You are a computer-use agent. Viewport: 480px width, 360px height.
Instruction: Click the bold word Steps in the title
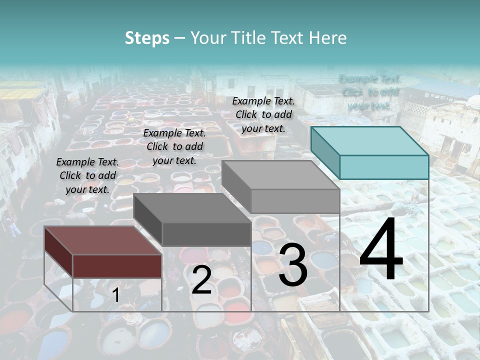(147, 38)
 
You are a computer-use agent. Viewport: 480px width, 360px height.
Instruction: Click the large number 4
(381, 250)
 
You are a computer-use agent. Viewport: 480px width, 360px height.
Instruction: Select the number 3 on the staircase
(292, 266)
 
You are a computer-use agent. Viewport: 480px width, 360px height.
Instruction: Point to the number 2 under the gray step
(201, 280)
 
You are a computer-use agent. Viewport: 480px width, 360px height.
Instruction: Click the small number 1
(115, 295)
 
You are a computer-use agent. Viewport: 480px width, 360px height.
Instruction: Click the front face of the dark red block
(117, 265)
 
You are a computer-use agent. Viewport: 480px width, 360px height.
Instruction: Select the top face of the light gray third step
(280, 175)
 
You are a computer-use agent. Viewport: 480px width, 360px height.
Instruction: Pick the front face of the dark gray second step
(206, 234)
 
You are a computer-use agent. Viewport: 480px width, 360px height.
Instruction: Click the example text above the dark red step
(87, 175)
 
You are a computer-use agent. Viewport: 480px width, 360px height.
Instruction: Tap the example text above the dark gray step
(174, 146)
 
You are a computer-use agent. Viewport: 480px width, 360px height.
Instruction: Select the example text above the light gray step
(263, 114)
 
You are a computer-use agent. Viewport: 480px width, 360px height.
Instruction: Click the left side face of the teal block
(325, 152)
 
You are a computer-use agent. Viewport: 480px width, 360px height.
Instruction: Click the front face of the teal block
(384, 167)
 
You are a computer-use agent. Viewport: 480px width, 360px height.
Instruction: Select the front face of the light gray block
(295, 201)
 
